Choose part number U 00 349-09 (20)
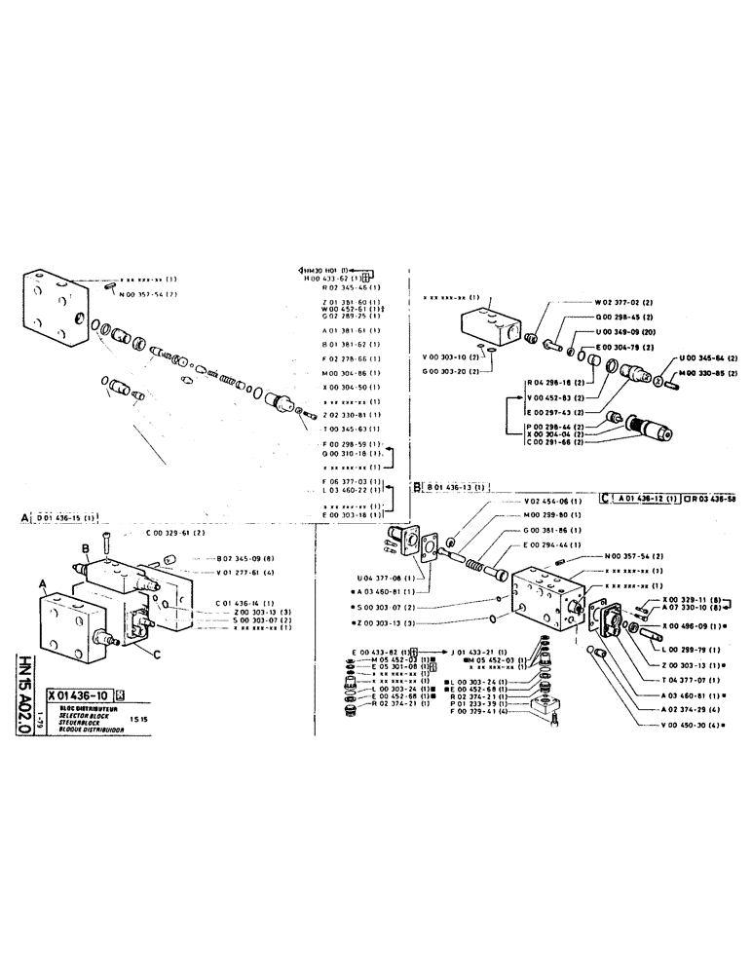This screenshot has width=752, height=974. pos(624,332)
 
